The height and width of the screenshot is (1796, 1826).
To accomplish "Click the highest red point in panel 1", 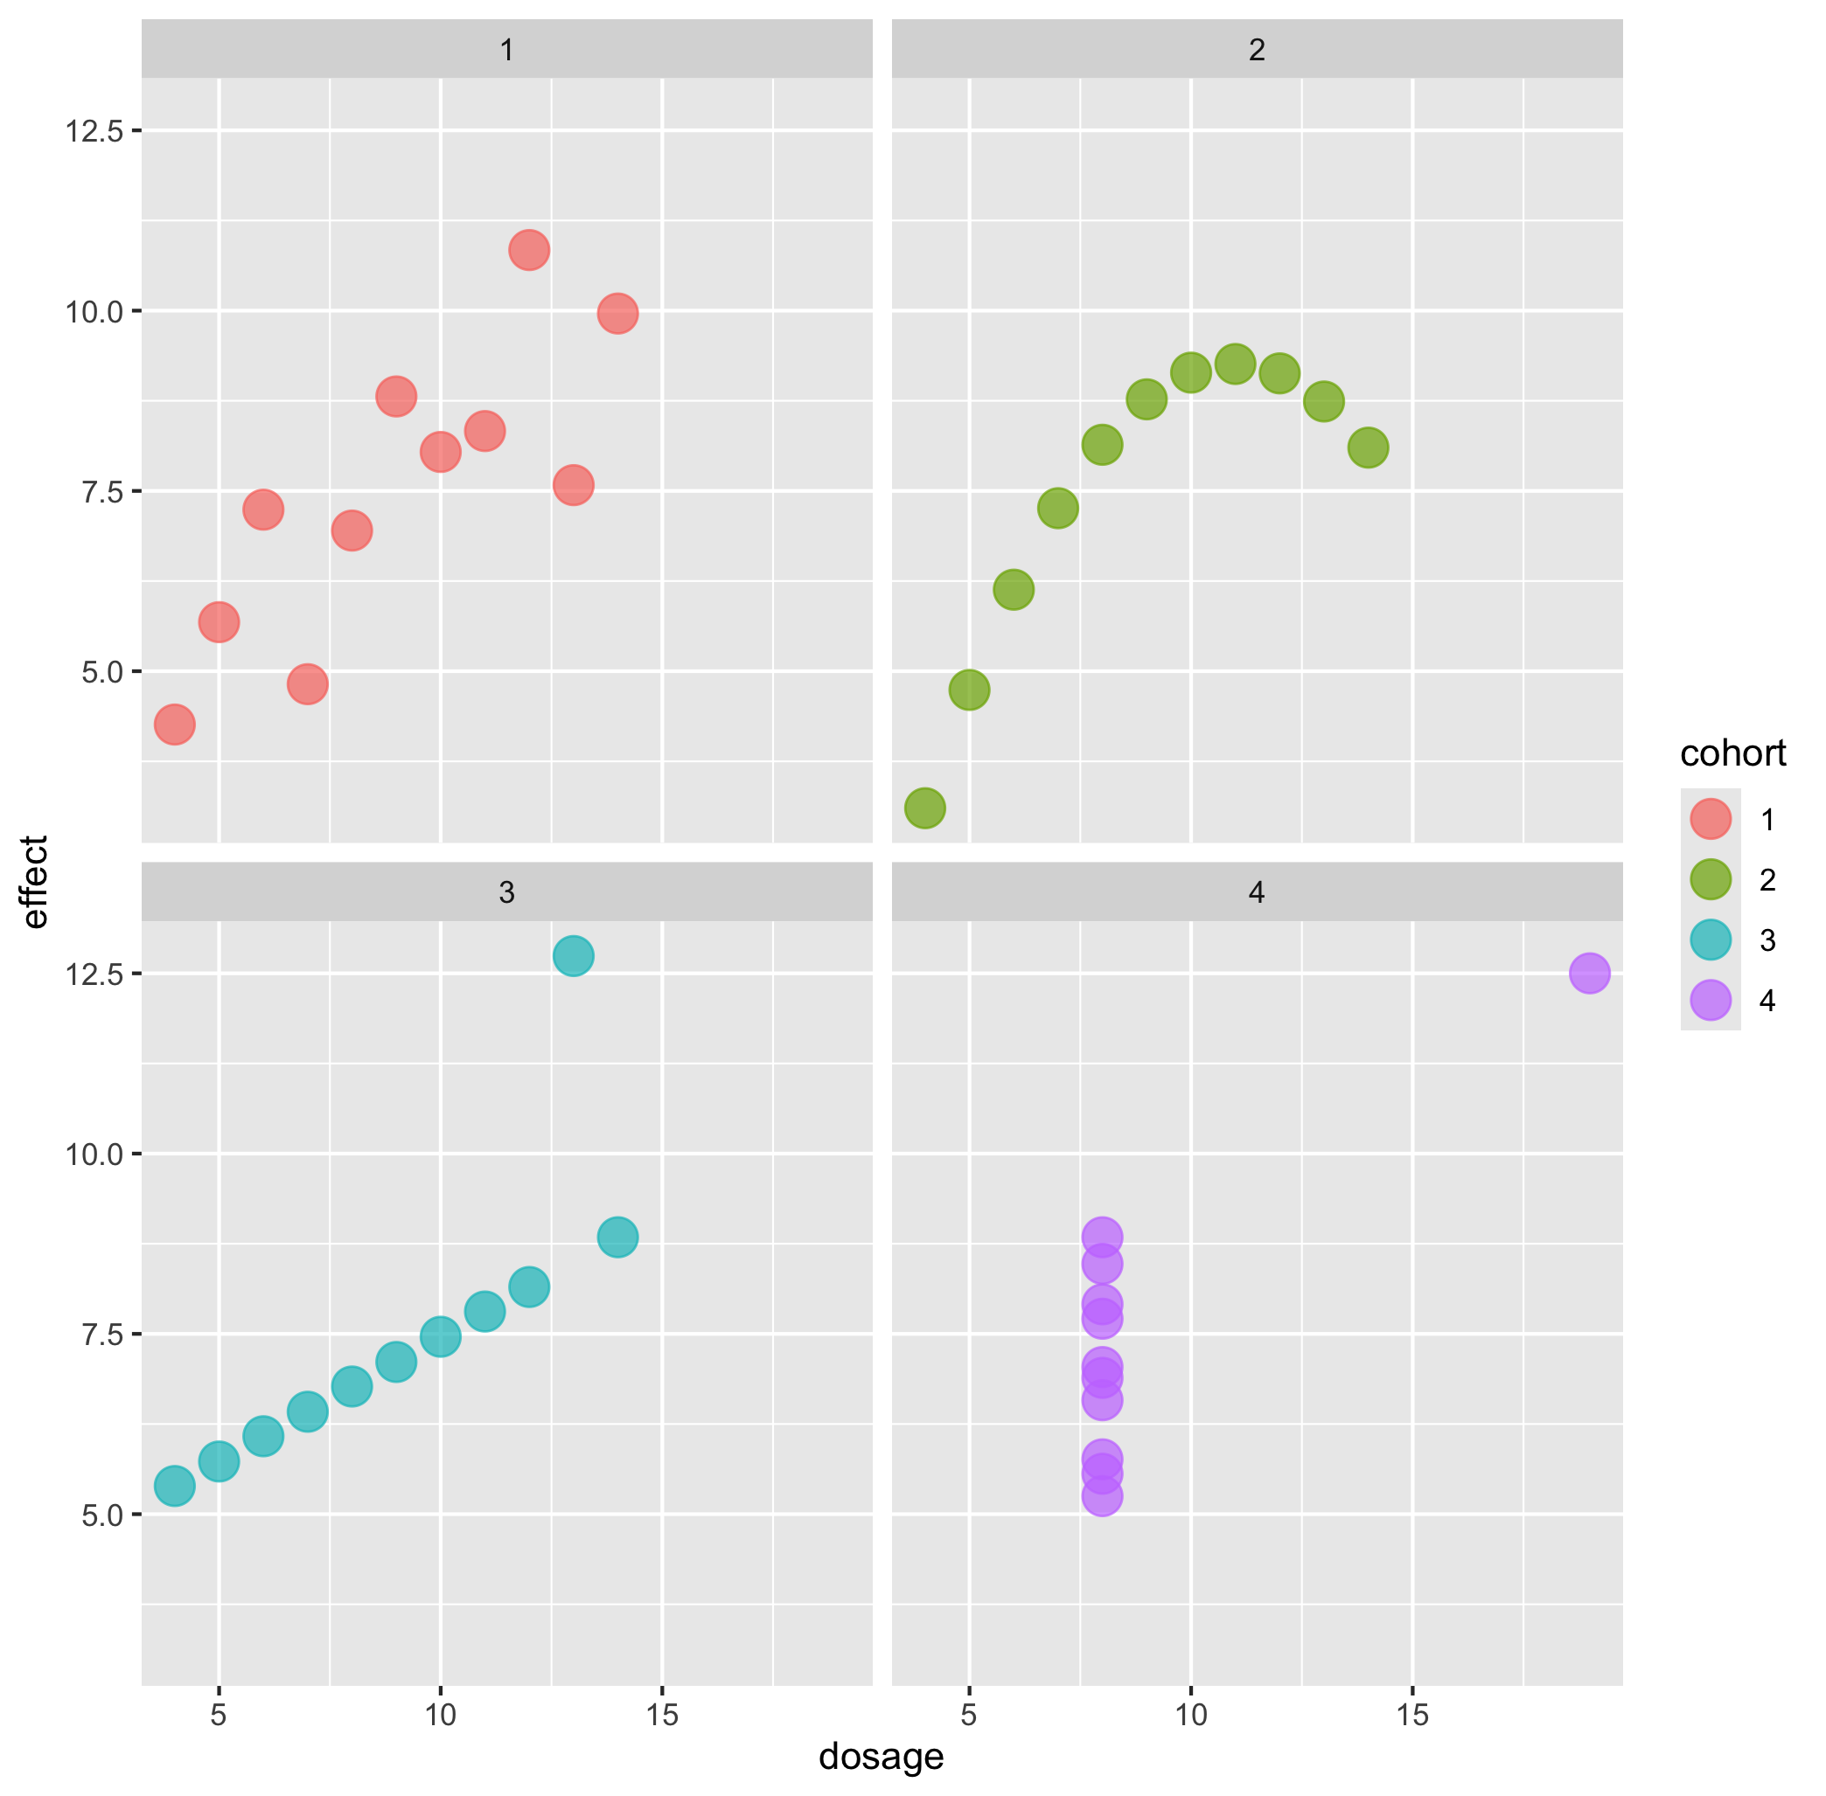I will tap(528, 250).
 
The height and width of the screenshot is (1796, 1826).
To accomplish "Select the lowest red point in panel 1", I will tap(175, 725).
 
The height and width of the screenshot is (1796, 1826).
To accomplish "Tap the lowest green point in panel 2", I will tap(924, 808).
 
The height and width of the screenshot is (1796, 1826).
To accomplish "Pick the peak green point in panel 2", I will tap(1234, 364).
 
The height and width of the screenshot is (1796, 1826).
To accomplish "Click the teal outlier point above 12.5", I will tap(573, 955).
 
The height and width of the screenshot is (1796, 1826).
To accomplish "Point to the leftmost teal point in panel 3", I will tap(175, 1486).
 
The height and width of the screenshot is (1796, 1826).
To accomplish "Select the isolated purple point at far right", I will tap(1589, 973).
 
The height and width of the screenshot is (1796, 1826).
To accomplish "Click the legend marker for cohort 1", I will tap(1710, 819).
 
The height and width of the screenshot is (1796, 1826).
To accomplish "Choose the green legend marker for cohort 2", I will tap(1710, 879).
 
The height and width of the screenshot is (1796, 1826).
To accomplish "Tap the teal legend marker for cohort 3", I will tap(1710, 940).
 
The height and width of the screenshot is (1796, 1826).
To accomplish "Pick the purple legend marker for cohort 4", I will tap(1710, 1000).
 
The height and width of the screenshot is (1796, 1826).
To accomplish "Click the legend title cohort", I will tap(1732, 753).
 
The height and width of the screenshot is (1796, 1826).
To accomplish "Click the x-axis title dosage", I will tap(881, 1757).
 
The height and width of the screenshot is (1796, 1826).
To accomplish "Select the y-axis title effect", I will tap(35, 882).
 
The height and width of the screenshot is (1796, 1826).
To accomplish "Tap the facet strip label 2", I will tap(1256, 50).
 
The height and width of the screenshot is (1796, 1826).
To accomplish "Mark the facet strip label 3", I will tap(506, 892).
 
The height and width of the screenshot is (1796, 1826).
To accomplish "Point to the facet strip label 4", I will tap(1256, 892).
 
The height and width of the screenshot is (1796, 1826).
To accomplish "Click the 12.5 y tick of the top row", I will tap(94, 131).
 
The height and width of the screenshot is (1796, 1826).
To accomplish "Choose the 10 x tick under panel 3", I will tap(440, 1714).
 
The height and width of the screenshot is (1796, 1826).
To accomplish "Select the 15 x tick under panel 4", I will tap(1411, 1714).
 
